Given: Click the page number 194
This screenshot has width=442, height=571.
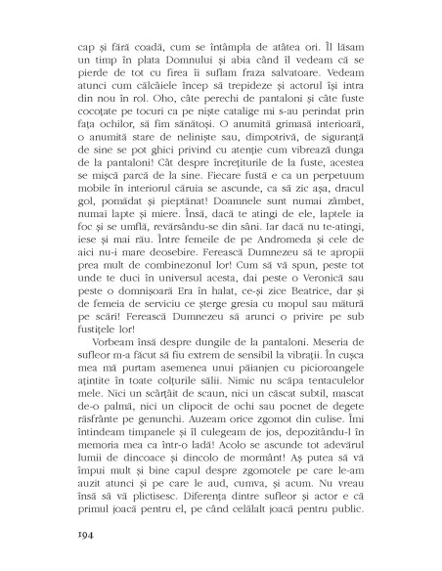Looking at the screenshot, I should coord(80,537).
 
